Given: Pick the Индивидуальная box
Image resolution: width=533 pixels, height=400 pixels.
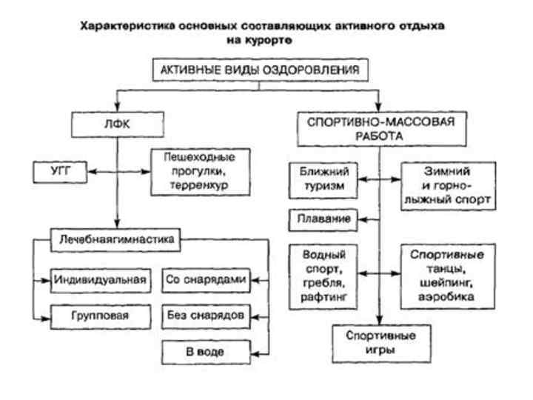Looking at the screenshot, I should pos(101,280).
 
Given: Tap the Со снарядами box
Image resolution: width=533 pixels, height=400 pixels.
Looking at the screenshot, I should pos(204,280).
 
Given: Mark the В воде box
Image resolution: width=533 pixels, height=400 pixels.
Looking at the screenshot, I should pos(204,351).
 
